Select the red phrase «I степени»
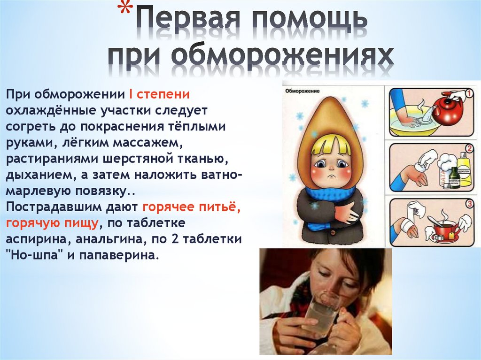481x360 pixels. (159, 94)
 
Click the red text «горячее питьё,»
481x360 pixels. (192, 207)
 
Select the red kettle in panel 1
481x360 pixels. (446, 109)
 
